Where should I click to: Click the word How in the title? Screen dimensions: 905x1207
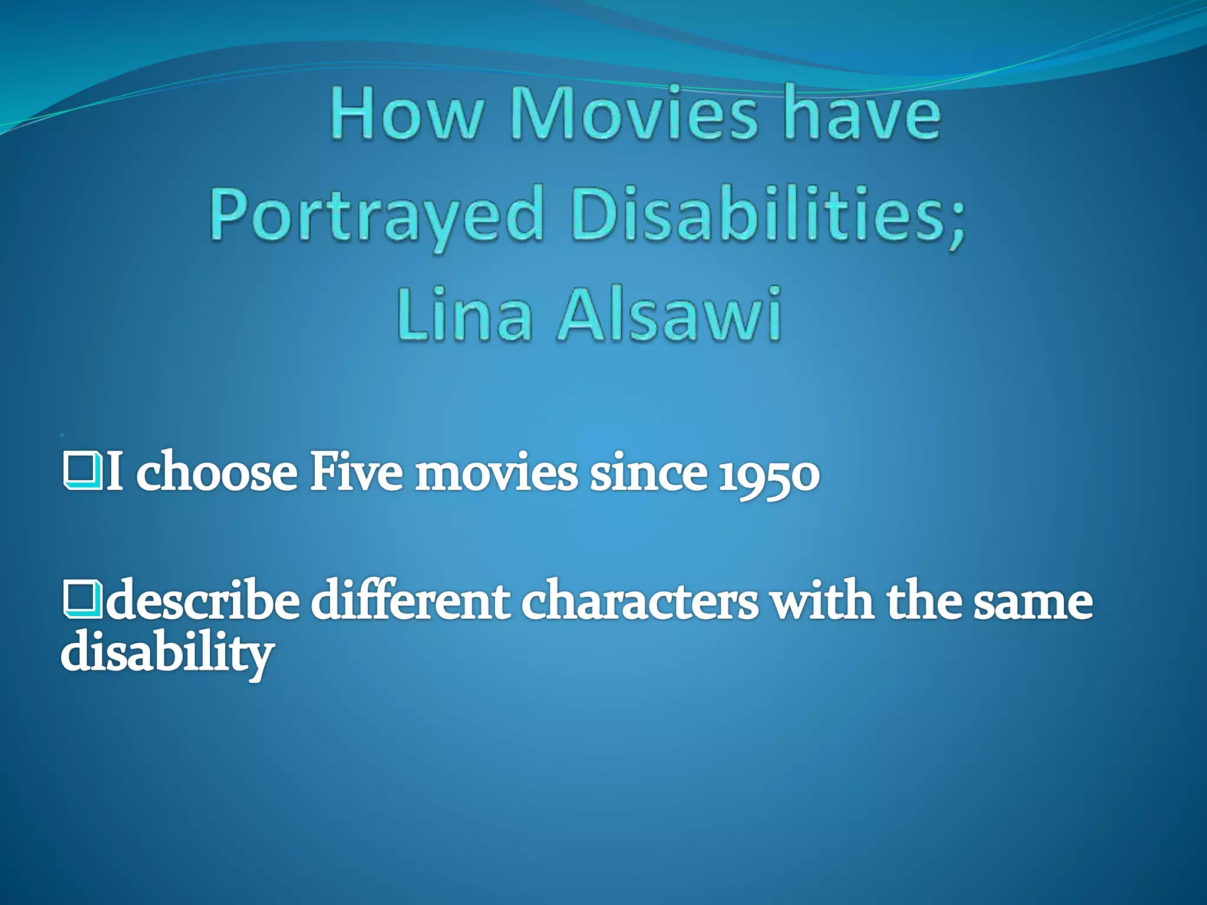(x=405, y=113)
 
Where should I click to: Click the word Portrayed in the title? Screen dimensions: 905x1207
(x=376, y=216)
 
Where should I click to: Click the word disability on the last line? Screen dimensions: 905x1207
(x=167, y=654)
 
